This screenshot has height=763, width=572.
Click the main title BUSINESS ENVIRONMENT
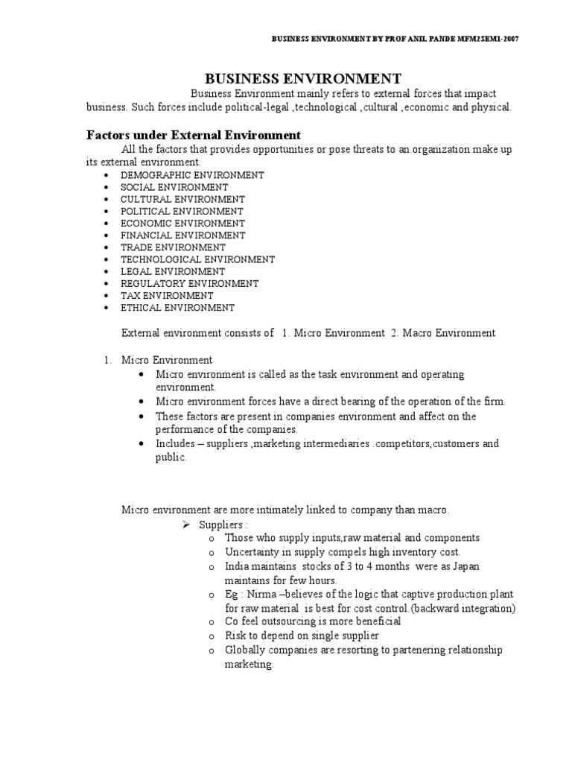point(303,78)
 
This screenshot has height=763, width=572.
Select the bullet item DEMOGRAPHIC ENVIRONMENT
point(192,175)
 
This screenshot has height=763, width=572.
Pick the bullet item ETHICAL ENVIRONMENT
point(177,307)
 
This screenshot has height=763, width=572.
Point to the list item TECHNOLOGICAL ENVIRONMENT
point(197,259)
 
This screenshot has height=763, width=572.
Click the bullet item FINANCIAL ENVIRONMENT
point(182,235)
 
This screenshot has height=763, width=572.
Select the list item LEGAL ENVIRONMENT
point(172,271)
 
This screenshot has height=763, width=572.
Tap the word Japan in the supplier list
point(463,566)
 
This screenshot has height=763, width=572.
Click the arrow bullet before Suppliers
point(188,525)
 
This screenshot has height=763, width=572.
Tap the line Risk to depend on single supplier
point(302,636)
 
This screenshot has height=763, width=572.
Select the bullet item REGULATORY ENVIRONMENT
point(189,283)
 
